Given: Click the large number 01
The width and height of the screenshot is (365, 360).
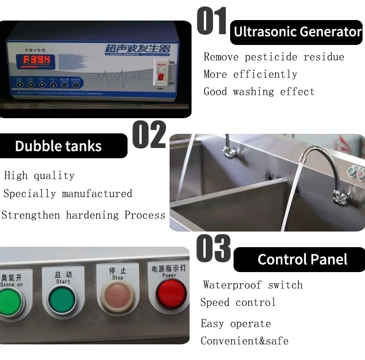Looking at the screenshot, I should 212,21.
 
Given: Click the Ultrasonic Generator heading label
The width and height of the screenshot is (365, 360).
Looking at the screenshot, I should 297,32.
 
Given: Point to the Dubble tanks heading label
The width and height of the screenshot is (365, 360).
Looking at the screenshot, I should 58,146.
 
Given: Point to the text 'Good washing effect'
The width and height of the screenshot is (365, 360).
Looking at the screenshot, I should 259,91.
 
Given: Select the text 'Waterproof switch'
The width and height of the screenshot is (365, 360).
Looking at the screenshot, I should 253,285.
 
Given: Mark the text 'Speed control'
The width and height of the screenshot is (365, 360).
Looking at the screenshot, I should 238,302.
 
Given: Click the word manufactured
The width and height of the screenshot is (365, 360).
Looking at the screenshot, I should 97,193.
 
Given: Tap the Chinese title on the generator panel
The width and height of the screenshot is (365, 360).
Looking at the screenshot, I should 137,49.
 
